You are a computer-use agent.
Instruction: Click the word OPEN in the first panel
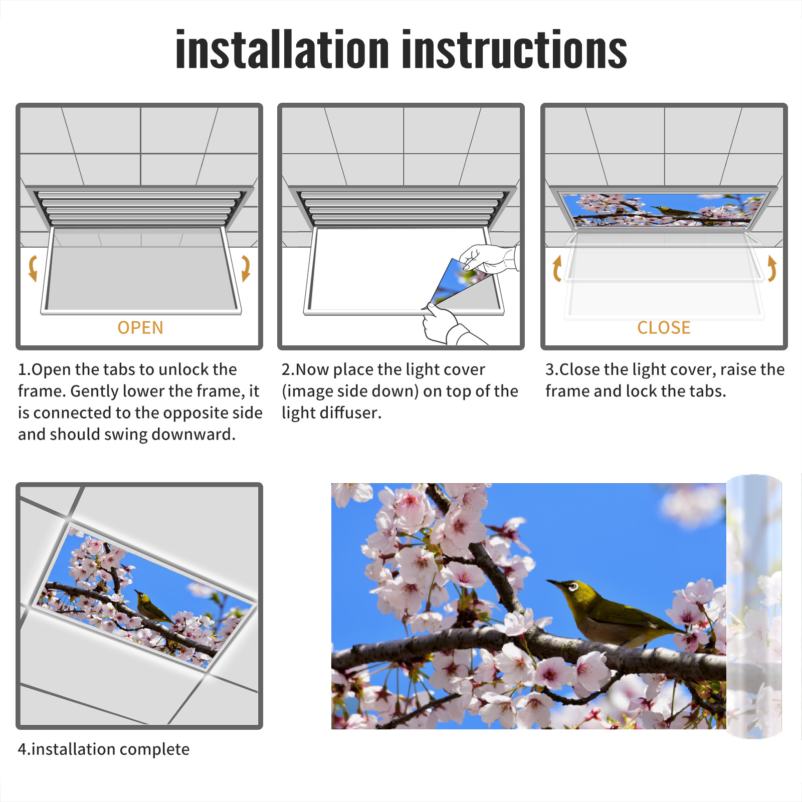pyautogui.click(x=140, y=328)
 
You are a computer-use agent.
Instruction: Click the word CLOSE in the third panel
pyautogui.click(x=664, y=328)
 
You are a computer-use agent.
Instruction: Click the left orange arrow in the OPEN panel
pyautogui.click(x=33, y=268)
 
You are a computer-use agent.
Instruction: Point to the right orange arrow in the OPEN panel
pyautogui.click(x=246, y=268)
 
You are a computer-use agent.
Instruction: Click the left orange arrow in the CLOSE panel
pyautogui.click(x=557, y=268)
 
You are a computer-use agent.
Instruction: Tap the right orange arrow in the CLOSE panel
pyautogui.click(x=772, y=268)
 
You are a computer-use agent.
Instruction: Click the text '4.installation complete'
pyautogui.click(x=104, y=749)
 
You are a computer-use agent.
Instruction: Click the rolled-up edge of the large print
pyautogui.click(x=754, y=607)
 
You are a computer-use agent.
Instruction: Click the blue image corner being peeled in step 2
pyautogui.click(x=449, y=281)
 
